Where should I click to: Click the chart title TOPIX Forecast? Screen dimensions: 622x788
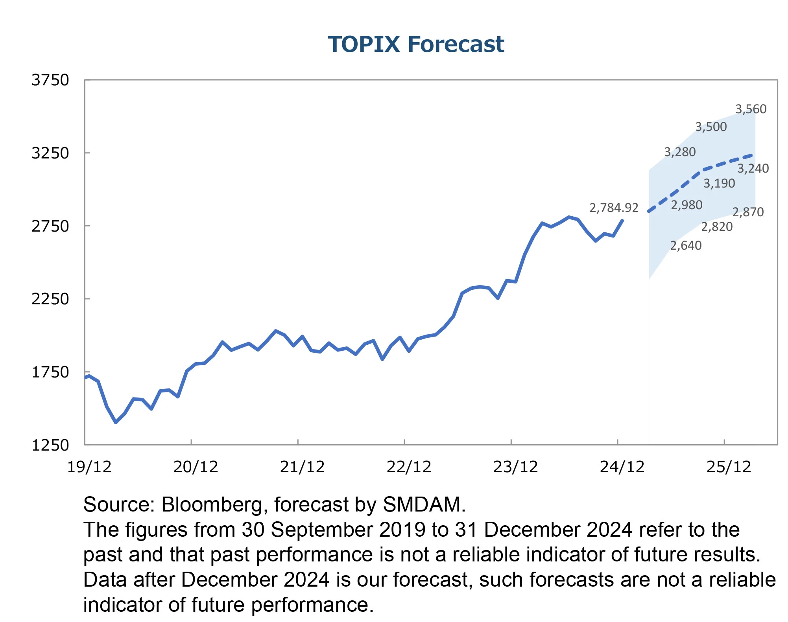[416, 44]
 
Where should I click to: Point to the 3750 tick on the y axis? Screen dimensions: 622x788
[50, 80]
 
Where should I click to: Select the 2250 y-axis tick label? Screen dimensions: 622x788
[50, 299]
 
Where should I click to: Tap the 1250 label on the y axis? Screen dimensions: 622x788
[50, 445]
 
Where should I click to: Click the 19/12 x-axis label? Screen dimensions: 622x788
[89, 467]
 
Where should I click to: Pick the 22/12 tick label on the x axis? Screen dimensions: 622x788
[409, 467]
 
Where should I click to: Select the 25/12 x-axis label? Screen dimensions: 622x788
[729, 467]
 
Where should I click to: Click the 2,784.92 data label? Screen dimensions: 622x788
[613, 208]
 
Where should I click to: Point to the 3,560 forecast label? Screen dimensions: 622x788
[751, 109]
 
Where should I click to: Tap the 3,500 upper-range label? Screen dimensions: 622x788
[711, 127]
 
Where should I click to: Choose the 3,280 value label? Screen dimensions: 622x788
[680, 152]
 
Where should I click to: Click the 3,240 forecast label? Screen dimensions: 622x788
[753, 168]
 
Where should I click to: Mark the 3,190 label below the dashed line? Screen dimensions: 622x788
[719, 183]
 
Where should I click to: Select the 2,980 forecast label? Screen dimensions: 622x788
[687, 205]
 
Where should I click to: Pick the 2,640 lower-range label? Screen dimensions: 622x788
[686, 245]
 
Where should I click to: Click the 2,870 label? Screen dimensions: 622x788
[747, 212]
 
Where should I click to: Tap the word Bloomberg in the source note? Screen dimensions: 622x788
[212, 504]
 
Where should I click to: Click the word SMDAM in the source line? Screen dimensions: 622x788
[422, 504]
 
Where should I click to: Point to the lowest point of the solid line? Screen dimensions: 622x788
[116, 422]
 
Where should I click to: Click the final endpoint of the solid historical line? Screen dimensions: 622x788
[622, 220]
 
